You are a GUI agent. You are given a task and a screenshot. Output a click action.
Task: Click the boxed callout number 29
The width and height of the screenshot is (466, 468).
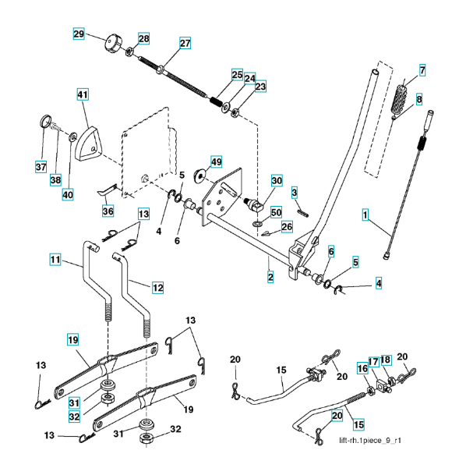pos(79,34)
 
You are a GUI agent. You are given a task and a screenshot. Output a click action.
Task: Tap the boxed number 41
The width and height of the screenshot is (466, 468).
pos(83,94)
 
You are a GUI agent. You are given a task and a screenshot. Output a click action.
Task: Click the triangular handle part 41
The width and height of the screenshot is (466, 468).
pos(89,143)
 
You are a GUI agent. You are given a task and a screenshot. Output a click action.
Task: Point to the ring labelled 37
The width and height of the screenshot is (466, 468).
pos(45,121)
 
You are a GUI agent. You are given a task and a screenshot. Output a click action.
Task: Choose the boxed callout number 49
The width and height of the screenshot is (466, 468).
pos(217,161)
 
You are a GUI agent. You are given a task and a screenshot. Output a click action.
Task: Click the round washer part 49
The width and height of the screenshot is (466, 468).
pos(199,175)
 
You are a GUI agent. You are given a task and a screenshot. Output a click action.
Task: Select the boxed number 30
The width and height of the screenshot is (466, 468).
pos(277,181)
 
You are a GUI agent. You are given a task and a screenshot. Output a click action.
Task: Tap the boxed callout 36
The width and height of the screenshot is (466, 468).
pos(108,211)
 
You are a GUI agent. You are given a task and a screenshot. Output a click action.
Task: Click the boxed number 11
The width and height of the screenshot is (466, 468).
pos(55,259)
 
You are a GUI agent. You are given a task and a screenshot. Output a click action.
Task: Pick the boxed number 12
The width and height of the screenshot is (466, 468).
pos(157,288)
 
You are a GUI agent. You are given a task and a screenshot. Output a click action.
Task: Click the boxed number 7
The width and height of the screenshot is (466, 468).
pos(422,70)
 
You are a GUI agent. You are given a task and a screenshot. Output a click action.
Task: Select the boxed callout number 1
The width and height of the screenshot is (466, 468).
pos(365,214)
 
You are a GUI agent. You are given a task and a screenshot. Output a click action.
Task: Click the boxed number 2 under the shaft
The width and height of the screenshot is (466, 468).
pos(270,277)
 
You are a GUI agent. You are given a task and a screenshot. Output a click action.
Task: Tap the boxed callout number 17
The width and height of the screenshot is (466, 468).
pos(374,362)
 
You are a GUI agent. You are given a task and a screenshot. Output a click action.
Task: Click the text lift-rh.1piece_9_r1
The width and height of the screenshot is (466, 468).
pos(369,441)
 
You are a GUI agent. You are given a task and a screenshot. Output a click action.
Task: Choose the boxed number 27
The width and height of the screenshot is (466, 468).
pos(185,43)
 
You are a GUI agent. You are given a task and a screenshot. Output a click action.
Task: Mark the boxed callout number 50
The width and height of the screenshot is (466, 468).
pos(276,212)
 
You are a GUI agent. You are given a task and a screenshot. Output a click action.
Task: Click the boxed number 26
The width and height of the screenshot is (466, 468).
pos(287,227)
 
